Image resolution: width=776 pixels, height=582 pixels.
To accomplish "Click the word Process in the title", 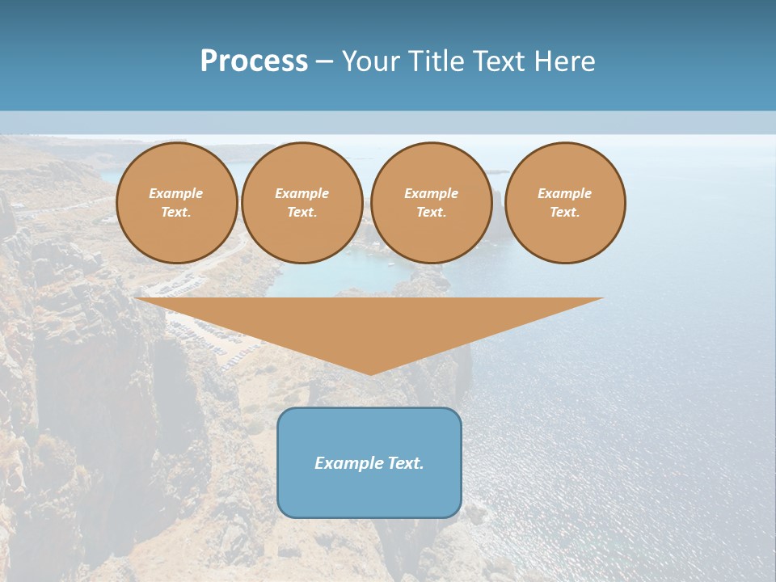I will (x=254, y=61).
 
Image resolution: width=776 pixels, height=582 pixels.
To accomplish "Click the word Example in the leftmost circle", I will (x=175, y=193).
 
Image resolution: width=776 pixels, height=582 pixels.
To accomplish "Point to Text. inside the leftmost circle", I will (x=175, y=213).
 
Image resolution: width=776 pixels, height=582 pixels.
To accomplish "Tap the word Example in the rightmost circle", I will (x=564, y=193).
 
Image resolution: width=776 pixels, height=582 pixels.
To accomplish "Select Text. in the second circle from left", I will (x=302, y=213).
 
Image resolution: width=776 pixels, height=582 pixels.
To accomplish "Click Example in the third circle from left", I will (x=431, y=193).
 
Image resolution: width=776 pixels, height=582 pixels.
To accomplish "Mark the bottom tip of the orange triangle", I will (x=370, y=373).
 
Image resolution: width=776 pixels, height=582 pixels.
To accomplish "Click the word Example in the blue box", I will (x=346, y=463).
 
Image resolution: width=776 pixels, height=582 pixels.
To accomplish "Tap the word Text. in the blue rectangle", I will (x=405, y=463).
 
